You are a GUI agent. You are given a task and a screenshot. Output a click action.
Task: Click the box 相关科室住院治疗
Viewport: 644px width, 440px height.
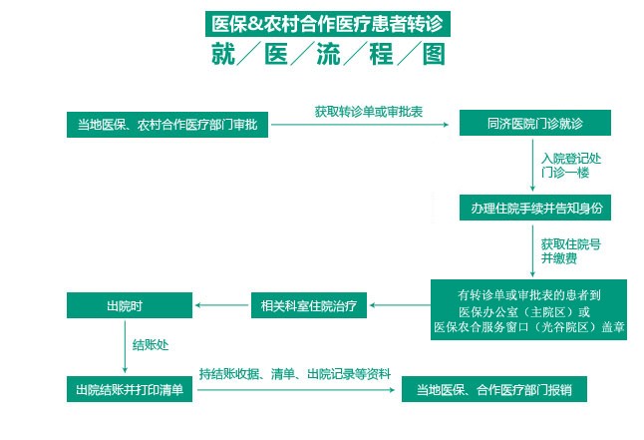click(x=310, y=303)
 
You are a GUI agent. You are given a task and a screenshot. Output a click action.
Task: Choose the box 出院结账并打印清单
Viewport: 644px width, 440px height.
click(x=130, y=388)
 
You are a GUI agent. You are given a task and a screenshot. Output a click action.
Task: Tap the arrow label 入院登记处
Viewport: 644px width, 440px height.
click(x=570, y=158)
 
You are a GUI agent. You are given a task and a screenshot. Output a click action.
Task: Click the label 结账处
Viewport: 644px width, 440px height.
click(x=151, y=345)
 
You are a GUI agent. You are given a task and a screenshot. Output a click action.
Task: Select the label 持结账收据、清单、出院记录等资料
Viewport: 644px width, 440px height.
click(x=294, y=373)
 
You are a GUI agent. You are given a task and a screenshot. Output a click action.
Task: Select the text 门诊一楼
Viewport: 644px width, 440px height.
click(x=564, y=173)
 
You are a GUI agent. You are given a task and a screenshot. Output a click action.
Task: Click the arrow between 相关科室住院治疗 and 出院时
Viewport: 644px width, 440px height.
click(x=220, y=303)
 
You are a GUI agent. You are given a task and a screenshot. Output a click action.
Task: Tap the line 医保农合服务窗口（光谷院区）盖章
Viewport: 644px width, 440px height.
click(x=528, y=326)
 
